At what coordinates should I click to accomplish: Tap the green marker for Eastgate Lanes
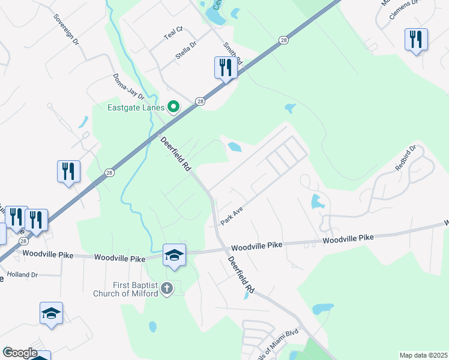click(x=174, y=107)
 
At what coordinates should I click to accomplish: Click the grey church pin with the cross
click(x=167, y=289)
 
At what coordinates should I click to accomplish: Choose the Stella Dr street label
click(x=185, y=48)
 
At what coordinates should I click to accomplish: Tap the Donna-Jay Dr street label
click(x=129, y=87)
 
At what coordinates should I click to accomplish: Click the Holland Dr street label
click(x=22, y=275)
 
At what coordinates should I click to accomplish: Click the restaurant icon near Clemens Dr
click(x=415, y=40)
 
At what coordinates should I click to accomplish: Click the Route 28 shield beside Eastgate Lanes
click(x=200, y=101)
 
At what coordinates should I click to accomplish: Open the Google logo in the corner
click(x=19, y=353)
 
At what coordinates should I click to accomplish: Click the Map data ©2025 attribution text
click(x=423, y=355)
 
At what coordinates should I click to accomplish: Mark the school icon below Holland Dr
click(x=52, y=313)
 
